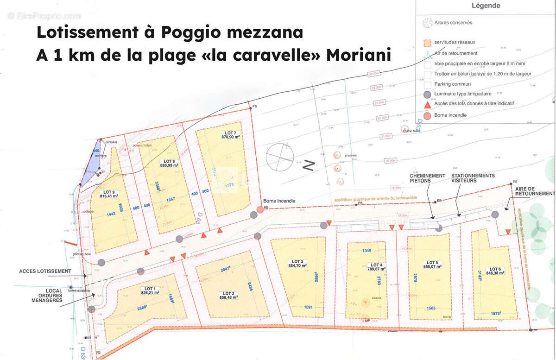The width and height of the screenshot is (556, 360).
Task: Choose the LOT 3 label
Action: click(298, 261)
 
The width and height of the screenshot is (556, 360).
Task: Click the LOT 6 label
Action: click(495, 269)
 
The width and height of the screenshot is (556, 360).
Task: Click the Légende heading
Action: click(486, 6)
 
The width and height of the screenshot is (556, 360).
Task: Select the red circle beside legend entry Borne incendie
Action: click(427, 115)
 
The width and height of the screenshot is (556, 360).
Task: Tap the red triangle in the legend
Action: click(427, 104)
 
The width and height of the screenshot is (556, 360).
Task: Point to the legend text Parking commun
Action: click(452, 84)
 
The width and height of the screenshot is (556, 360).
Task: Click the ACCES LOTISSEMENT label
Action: click(45, 271)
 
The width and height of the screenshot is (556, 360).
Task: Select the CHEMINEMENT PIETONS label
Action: click(427, 179)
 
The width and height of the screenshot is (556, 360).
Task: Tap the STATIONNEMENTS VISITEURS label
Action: click(473, 178)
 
